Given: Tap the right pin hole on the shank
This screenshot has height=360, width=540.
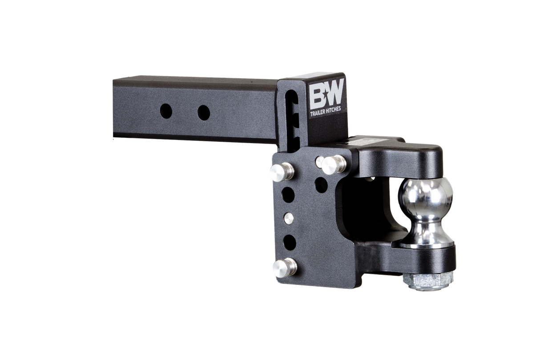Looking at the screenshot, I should click(203, 112).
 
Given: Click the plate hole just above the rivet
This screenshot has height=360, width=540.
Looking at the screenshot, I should click(288, 194).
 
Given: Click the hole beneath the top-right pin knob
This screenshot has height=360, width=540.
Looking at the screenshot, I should click(322, 184).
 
